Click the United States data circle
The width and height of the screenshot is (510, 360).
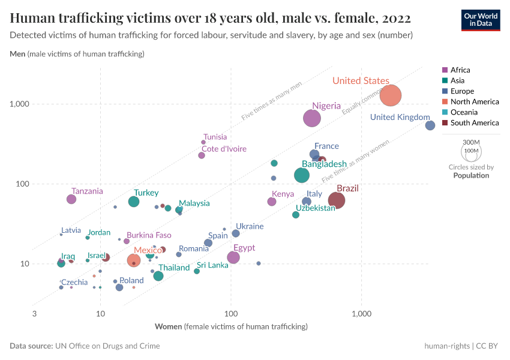(x=391, y=95)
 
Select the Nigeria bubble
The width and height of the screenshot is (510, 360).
(x=312, y=118)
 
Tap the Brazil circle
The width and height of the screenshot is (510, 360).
(x=337, y=200)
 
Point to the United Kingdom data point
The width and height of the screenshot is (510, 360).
(x=430, y=125)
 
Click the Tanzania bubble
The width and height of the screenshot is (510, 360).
(x=71, y=199)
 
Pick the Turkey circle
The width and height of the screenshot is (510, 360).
(x=134, y=201)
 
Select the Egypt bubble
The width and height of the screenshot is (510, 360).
(x=233, y=257)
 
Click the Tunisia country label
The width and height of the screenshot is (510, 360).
(x=215, y=137)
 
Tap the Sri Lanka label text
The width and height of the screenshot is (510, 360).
(x=212, y=265)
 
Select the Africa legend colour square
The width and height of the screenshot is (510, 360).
(x=445, y=70)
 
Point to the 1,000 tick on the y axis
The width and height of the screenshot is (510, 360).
(x=20, y=104)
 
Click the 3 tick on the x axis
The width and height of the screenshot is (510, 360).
(x=34, y=314)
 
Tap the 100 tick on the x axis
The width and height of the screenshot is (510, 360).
(x=231, y=314)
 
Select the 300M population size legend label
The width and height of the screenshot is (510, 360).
(x=471, y=142)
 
